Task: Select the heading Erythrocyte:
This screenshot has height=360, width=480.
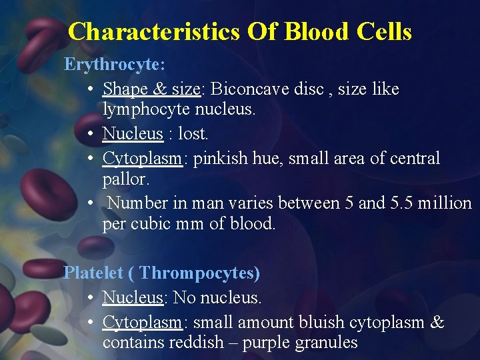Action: [115, 65]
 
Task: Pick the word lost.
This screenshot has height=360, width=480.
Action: [193, 133]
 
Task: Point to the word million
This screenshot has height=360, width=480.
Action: [445, 203]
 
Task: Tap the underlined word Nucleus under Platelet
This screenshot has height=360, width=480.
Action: [133, 297]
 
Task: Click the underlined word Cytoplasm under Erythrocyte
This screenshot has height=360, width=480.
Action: [142, 158]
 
